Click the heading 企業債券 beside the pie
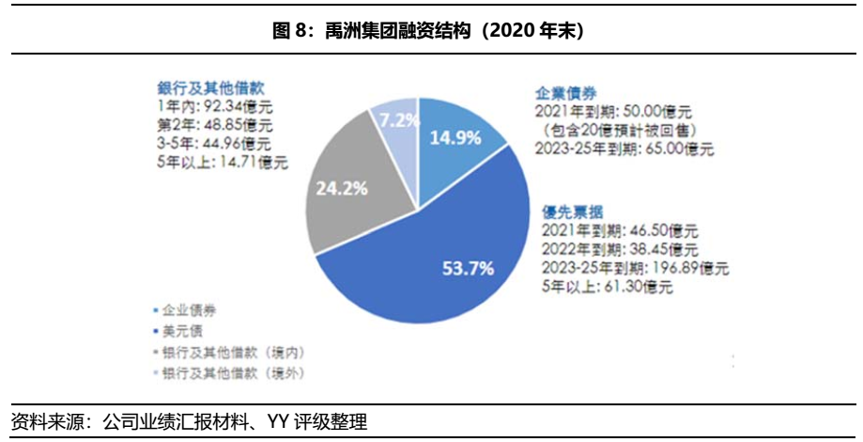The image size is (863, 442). [566, 93]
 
